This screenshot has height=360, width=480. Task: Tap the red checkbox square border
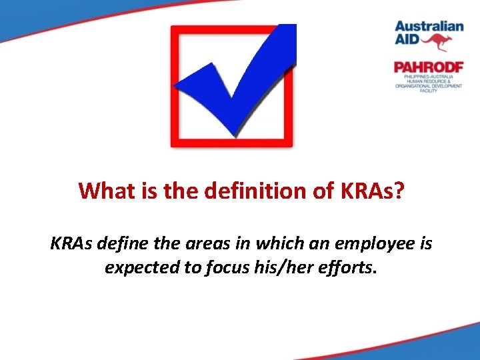click(175, 87)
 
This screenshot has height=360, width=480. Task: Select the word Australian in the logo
click(429, 27)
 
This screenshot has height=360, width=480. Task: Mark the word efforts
click(349, 267)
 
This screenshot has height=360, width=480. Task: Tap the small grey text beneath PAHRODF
click(428, 83)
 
